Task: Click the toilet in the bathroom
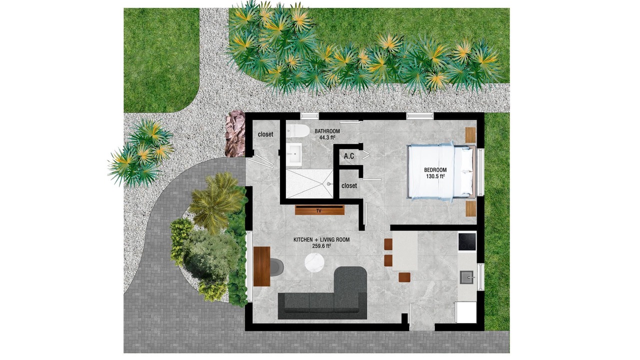[x=298, y=131]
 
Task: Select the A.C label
[x=349, y=156]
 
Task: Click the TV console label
[x=319, y=211]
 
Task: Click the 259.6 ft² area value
[x=321, y=246]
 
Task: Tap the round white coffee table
[x=314, y=262]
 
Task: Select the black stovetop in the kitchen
[x=467, y=241]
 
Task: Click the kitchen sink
[x=467, y=277]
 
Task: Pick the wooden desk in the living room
[x=261, y=266]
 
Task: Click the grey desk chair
[x=276, y=267]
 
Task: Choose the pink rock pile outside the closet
[x=235, y=133]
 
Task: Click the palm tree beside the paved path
[x=215, y=201]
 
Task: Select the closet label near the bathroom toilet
[x=265, y=134]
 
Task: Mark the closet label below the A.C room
[x=349, y=185]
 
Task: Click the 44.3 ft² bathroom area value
[x=327, y=137]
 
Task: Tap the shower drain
[x=329, y=184]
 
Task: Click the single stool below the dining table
[x=404, y=277]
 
